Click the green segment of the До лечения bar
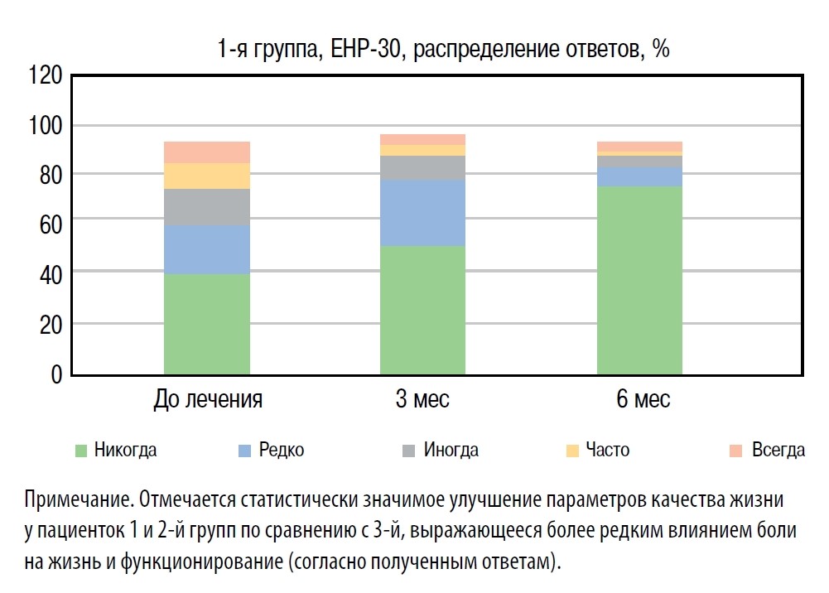pyautogui.click(x=207, y=324)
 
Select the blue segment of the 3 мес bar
pyautogui.click(x=422, y=213)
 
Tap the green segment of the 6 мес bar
pyautogui.click(x=639, y=280)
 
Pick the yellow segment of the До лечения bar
pyautogui.click(x=207, y=176)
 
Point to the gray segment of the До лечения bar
pyautogui.click(x=207, y=207)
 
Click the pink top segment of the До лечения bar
pyautogui.click(x=207, y=152)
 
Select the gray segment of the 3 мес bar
pyautogui.click(x=422, y=167)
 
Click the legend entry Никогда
pyautogui.click(x=125, y=451)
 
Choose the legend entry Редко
pyautogui.click(x=281, y=451)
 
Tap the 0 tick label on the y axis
pyautogui.click(x=57, y=375)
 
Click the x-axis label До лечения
pyautogui.click(x=208, y=400)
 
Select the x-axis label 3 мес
pyautogui.click(x=422, y=400)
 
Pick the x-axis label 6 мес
pyautogui.click(x=643, y=400)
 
